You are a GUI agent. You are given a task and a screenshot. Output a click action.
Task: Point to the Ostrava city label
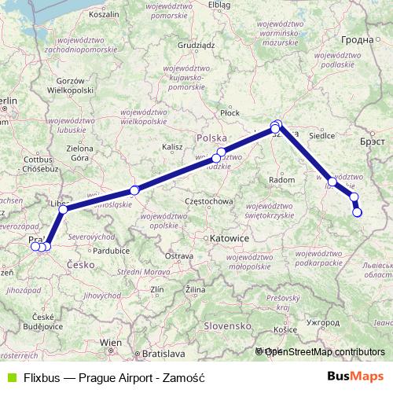click(179, 256)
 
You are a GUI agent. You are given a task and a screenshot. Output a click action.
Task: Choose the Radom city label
click(281, 180)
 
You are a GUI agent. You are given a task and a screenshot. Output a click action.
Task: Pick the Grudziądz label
click(196, 45)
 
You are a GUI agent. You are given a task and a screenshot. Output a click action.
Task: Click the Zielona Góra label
click(79, 152)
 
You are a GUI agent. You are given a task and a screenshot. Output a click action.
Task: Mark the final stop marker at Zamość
click(358, 212)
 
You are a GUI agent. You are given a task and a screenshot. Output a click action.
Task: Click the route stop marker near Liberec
click(63, 209)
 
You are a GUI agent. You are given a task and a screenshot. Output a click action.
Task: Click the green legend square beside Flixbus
click(9, 376)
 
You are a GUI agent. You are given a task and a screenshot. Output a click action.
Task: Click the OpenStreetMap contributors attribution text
click(325, 351)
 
